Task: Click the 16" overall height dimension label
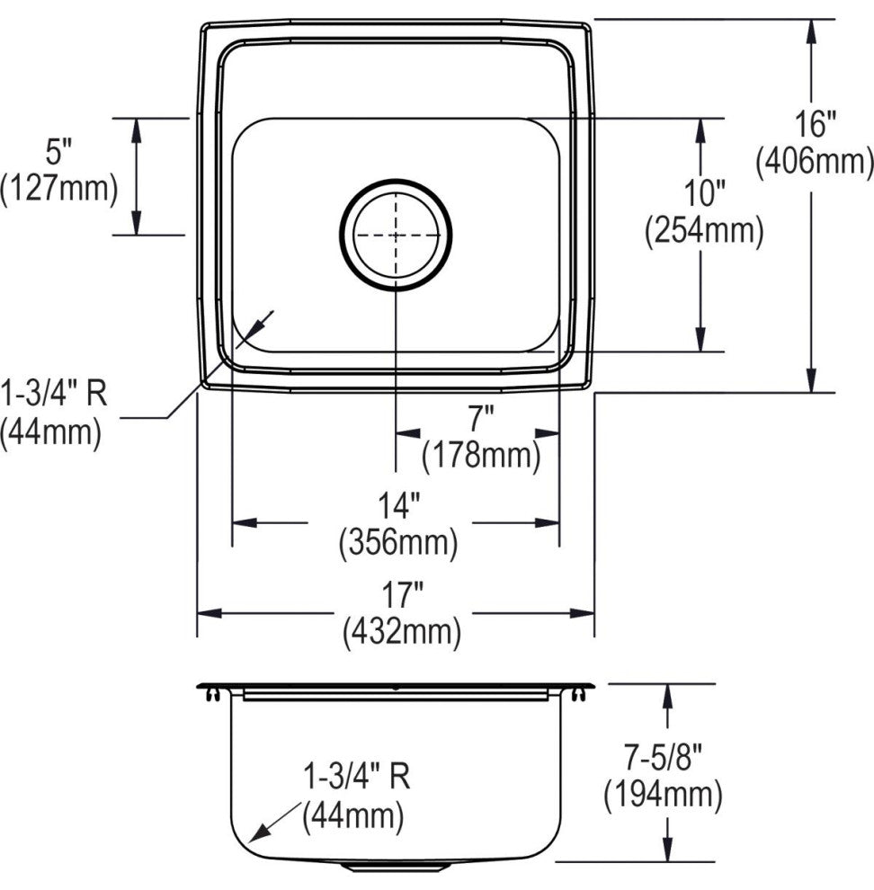[x=815, y=124]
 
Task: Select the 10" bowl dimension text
[x=704, y=193]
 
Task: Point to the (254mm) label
[x=704, y=231]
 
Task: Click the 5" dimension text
[x=58, y=152]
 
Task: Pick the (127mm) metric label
[x=58, y=190]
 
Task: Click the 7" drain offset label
[x=480, y=421]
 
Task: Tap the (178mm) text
[x=480, y=456]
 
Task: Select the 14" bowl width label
[x=398, y=505]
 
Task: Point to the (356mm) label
[x=398, y=543]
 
